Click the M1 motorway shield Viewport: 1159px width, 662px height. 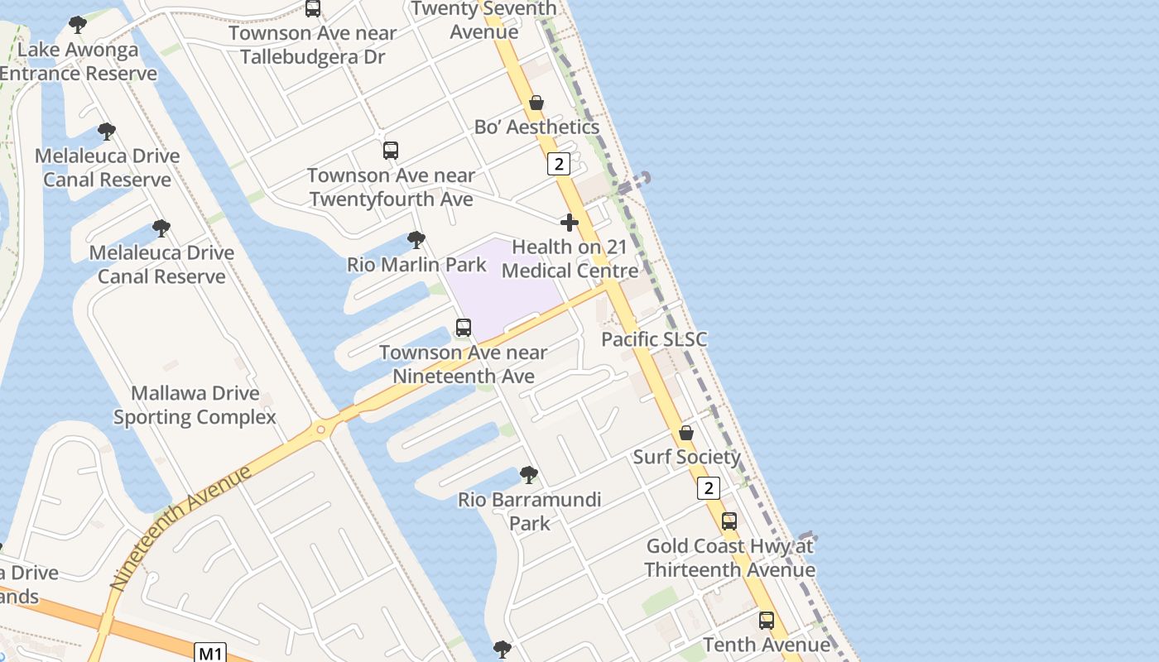(x=211, y=654)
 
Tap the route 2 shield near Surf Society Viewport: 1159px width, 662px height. (x=708, y=488)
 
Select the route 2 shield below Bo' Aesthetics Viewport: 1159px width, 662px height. (x=559, y=165)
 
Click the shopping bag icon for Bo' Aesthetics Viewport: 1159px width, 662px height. (x=536, y=103)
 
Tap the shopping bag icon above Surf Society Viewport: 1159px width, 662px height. (x=686, y=433)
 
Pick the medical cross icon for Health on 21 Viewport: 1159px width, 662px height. (x=570, y=223)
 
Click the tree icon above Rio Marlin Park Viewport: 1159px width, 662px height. (x=416, y=240)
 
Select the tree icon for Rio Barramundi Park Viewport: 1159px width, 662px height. (x=529, y=475)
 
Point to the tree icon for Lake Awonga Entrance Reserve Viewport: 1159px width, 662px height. (x=78, y=25)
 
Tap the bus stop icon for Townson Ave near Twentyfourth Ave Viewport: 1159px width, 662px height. (x=391, y=151)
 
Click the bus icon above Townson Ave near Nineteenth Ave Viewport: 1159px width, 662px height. (x=464, y=328)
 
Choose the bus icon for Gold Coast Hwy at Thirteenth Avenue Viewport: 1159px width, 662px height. (x=729, y=521)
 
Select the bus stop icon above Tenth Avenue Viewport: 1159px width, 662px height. (x=767, y=621)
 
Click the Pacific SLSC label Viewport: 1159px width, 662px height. (x=654, y=339)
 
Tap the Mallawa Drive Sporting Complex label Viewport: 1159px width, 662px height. (x=195, y=405)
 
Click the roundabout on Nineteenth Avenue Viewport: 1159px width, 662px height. (x=320, y=429)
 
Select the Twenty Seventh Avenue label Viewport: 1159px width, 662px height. (x=484, y=20)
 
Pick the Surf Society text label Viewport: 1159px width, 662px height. (x=686, y=457)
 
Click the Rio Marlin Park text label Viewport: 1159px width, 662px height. (x=416, y=265)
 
